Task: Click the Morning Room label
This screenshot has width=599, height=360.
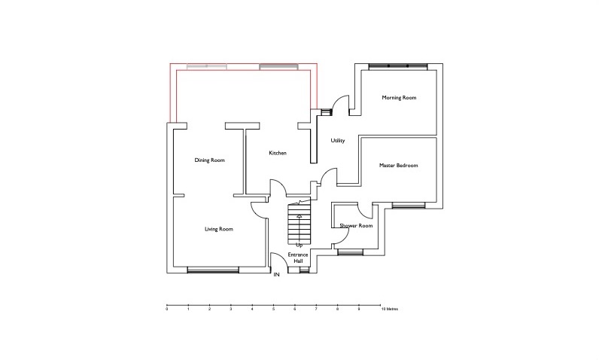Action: [x=399, y=98]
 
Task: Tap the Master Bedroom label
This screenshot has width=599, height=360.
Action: [x=398, y=166]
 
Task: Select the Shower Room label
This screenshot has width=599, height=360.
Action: [x=356, y=226]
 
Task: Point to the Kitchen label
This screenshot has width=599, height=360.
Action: [x=278, y=153]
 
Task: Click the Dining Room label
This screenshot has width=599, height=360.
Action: [x=210, y=160]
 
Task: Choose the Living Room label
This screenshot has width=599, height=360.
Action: [x=219, y=229]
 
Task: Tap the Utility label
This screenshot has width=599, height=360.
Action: [x=338, y=141]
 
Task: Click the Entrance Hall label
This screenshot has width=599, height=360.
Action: [x=298, y=258]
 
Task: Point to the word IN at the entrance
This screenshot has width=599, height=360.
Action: [x=277, y=275]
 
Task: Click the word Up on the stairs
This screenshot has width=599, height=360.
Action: [x=299, y=245]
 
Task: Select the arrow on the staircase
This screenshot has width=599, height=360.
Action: [x=299, y=228]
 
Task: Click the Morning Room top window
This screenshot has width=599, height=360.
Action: [x=397, y=66]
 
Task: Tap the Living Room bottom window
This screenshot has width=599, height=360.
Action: [x=213, y=270]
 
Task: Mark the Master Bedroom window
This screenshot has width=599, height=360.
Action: [x=409, y=206]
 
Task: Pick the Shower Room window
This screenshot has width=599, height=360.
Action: [x=351, y=252]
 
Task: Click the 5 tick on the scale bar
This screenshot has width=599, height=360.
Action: [x=273, y=306]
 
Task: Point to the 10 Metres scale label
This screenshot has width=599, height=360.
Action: [x=390, y=310]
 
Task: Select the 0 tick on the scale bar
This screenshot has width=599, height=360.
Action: [x=167, y=306]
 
